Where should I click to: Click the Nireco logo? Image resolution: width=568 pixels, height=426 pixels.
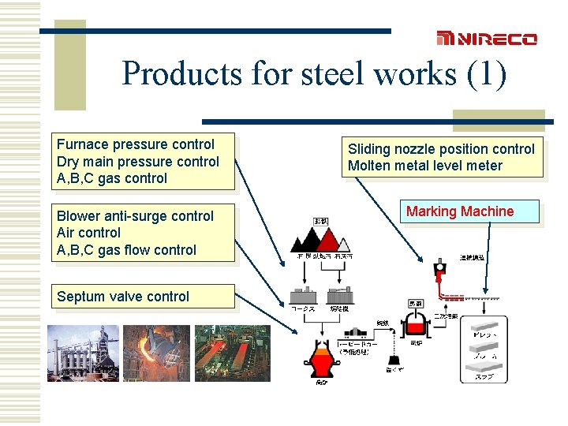(487, 39)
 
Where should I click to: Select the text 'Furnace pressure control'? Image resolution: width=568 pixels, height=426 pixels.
(136, 144)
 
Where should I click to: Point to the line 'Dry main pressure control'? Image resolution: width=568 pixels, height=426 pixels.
(138, 162)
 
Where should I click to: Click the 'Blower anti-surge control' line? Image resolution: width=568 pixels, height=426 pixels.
(135, 216)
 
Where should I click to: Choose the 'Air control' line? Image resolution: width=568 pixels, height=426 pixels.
(88, 233)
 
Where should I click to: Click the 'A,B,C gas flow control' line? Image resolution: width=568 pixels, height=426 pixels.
(126, 250)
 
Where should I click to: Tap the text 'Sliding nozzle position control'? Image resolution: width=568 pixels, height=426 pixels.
(441, 149)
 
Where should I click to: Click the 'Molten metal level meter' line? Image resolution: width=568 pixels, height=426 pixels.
(424, 166)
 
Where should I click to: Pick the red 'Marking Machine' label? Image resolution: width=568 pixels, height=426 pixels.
(460, 211)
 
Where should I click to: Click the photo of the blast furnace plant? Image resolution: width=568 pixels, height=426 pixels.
(83, 353)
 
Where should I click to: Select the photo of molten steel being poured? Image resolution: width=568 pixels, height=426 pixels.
(156, 353)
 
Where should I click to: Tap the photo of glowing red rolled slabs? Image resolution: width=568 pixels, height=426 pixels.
(232, 353)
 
